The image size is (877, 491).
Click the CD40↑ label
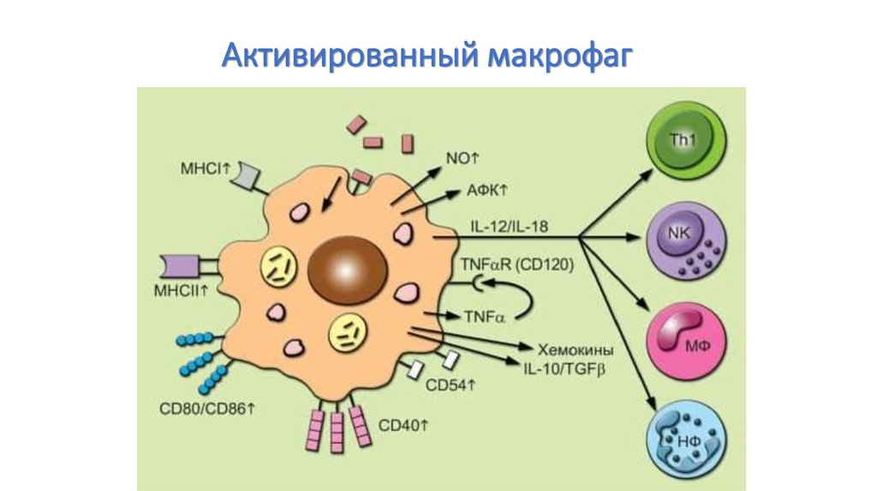403,424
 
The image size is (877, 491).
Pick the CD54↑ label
450,385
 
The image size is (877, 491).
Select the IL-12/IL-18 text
510,226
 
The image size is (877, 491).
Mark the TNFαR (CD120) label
518,265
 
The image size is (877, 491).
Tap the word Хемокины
576,349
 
